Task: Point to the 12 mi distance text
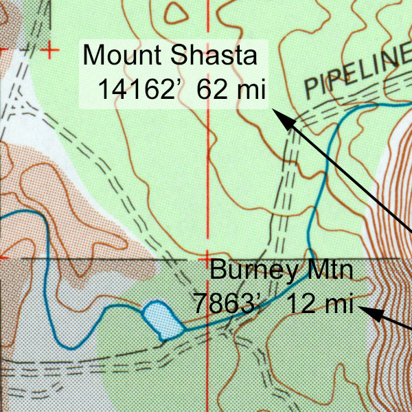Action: [x=319, y=303]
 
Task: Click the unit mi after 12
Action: [x=336, y=303]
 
